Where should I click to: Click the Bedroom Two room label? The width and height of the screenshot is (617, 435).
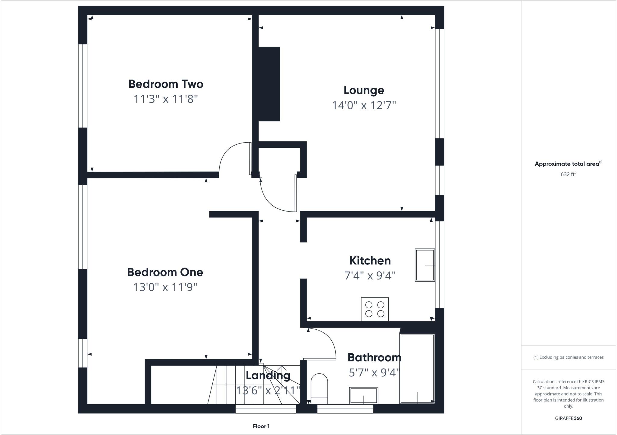tap(166, 84)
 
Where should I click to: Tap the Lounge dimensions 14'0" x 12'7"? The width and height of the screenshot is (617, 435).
tap(364, 105)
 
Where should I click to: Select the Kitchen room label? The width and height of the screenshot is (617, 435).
tap(370, 261)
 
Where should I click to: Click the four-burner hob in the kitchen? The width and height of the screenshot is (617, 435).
tap(374, 309)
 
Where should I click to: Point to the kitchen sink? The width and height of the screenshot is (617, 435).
tap(424, 265)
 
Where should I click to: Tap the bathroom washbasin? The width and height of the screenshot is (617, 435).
tap(364, 396)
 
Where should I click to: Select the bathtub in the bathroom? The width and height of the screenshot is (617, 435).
tap(417, 369)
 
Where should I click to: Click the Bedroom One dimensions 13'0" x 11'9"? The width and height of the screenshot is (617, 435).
tap(165, 287)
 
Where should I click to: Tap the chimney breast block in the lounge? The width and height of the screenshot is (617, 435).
tap(269, 84)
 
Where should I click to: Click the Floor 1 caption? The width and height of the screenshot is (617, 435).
tap(261, 426)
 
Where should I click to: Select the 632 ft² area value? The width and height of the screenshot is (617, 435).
tap(568, 174)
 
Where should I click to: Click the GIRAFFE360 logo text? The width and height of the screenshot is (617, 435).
tap(568, 418)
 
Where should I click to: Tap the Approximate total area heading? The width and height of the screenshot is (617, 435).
tap(568, 164)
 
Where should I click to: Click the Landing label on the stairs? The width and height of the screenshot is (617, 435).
tap(268, 375)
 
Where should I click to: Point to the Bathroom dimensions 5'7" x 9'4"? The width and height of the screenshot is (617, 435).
tap(374, 373)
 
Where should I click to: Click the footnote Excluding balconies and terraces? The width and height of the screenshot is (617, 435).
tap(568, 357)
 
